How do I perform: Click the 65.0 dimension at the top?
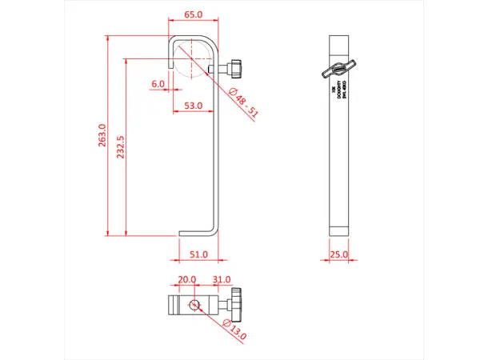click(x=193, y=15)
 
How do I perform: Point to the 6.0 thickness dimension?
click(x=158, y=83)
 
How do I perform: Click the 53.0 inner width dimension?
click(x=193, y=106)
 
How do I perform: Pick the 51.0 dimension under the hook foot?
click(x=198, y=254)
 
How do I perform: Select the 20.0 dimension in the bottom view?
click(x=186, y=279)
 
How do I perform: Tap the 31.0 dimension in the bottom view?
click(x=222, y=279)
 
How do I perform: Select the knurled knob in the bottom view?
click(x=236, y=304)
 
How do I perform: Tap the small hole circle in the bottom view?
click(x=195, y=305)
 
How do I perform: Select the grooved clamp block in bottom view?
click(x=177, y=305)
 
